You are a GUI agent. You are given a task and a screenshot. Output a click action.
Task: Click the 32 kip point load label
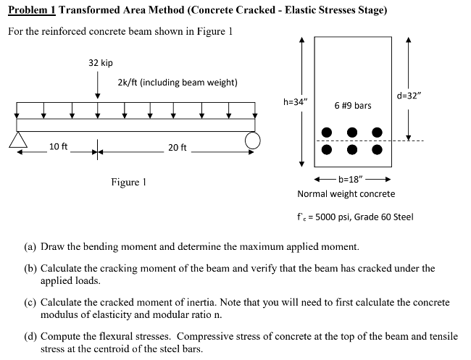coord(101,63)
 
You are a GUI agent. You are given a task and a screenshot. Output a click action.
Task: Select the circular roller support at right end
coord(252,140)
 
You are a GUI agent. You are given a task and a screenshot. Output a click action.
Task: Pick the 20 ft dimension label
coord(178,148)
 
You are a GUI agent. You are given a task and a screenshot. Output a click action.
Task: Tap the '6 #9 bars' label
coord(353,106)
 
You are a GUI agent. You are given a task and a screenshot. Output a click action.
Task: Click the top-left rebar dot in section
coord(328,133)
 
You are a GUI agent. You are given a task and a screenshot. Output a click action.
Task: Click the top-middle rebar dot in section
coord(352,133)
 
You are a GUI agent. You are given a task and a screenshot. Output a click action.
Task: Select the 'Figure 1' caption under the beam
coord(128,182)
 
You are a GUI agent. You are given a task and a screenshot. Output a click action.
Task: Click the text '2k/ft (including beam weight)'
coord(177,82)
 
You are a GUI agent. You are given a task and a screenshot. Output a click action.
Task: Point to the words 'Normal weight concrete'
coord(346,194)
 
